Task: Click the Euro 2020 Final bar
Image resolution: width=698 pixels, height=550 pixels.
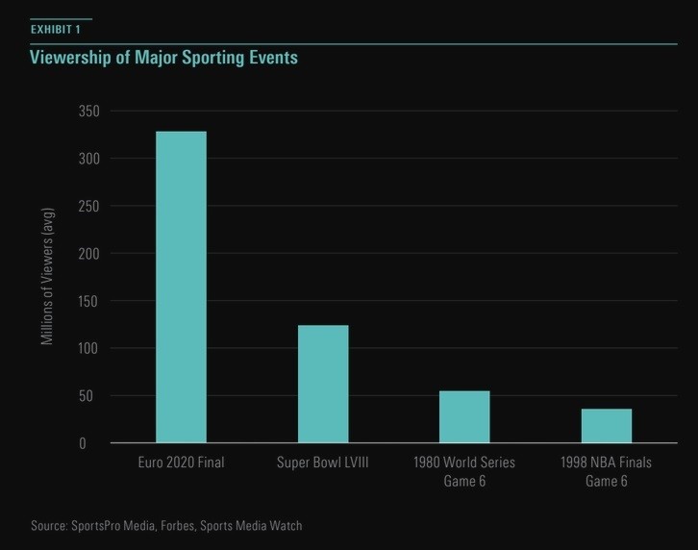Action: tap(181, 287)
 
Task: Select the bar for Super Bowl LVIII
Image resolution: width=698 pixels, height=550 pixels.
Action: tap(323, 384)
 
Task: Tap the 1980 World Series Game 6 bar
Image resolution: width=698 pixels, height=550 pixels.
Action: tap(464, 416)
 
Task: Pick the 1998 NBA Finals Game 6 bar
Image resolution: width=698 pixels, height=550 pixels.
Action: tap(607, 426)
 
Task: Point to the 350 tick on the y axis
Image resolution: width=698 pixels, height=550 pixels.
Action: tap(88, 112)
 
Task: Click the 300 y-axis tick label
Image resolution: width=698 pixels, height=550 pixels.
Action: tap(88, 159)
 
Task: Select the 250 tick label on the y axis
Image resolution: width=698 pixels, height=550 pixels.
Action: tap(88, 206)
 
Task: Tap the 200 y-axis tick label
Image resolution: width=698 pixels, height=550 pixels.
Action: tap(88, 254)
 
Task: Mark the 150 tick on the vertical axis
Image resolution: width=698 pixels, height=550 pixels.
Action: tap(88, 301)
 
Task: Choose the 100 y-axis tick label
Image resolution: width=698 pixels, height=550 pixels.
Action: tap(88, 348)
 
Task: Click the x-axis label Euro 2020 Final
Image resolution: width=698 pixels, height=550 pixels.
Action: tap(181, 462)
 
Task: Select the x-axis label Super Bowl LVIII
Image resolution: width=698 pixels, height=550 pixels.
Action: tap(323, 462)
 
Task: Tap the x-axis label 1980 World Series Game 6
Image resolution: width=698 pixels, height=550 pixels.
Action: tap(464, 471)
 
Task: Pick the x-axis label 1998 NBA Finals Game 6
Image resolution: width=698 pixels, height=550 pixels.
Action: tap(607, 471)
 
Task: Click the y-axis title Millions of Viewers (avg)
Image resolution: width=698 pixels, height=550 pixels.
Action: tap(48, 277)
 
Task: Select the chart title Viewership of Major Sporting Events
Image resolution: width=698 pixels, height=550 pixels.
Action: tap(163, 58)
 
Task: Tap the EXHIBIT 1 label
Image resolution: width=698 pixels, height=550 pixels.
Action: tap(56, 30)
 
